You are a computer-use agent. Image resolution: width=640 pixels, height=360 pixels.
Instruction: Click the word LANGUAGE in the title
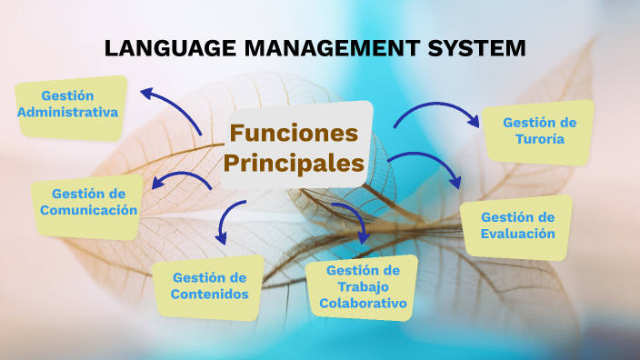click(x=170, y=48)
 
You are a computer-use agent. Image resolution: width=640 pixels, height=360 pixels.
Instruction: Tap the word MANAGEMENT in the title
click(x=332, y=48)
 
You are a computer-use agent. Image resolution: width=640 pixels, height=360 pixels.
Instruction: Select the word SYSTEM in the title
click(x=476, y=48)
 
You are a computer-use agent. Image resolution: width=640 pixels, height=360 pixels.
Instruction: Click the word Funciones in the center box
click(x=294, y=133)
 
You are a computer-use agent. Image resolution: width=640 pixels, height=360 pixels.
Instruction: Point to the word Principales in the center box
click(x=294, y=164)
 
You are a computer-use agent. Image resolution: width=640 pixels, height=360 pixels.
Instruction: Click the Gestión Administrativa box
click(x=71, y=108)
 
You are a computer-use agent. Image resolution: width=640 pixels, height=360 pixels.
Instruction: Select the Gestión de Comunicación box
click(x=88, y=206)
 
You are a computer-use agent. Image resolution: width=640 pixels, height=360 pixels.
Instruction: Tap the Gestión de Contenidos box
click(x=208, y=288)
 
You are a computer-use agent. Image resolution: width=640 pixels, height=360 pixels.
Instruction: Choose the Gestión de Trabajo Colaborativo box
click(x=362, y=288)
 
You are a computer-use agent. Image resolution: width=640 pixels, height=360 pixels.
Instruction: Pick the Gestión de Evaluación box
click(x=516, y=228)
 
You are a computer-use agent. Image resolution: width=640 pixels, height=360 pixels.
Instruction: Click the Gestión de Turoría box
click(x=538, y=133)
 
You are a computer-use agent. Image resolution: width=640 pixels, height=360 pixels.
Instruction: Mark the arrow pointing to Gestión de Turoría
click(x=437, y=105)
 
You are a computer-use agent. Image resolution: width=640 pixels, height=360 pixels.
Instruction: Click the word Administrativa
click(x=68, y=112)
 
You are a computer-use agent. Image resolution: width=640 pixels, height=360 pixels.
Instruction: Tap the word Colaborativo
click(x=363, y=304)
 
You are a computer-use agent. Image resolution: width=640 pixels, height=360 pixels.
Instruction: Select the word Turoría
click(x=540, y=139)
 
